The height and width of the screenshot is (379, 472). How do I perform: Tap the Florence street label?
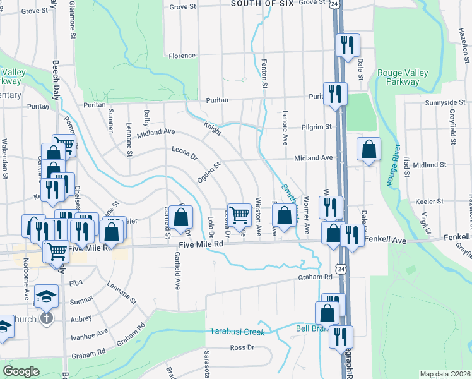click(x=182, y=56)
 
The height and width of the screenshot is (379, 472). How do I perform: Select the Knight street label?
click(x=213, y=129)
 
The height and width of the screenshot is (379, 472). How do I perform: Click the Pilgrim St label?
click(x=316, y=127)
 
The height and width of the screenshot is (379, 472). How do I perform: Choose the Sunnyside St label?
click(x=440, y=102)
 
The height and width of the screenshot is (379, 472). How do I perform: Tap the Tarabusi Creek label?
click(x=237, y=332)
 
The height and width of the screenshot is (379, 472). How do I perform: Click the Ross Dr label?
click(x=242, y=347)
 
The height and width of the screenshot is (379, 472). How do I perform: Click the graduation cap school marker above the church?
click(x=45, y=295)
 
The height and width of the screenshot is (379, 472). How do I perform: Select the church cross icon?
click(x=46, y=317)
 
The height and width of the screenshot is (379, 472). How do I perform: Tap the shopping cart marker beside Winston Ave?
click(x=239, y=215)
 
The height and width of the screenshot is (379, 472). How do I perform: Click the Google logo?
click(x=21, y=371)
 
